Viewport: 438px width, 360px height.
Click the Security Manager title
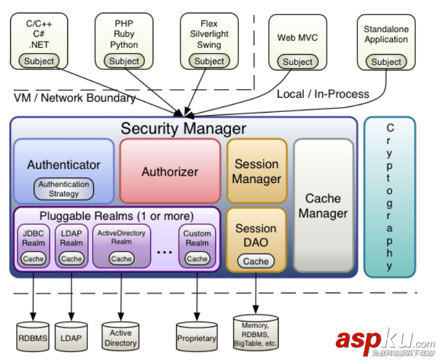tap(183, 128)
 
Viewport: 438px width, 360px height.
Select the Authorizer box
tap(170, 172)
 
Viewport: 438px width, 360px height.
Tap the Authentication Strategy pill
tap(64, 189)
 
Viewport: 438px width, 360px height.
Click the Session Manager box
tap(256, 171)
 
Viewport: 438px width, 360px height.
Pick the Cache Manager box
tap(323, 205)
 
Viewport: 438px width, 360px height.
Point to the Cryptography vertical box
tap(389, 197)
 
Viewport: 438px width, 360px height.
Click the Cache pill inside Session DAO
tap(256, 261)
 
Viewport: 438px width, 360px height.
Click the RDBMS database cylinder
tap(32, 338)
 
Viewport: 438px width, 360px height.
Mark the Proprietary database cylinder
tap(196, 338)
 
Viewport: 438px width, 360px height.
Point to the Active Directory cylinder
tap(120, 337)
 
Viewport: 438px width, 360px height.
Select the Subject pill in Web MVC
tap(298, 61)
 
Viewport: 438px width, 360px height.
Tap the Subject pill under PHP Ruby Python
tap(124, 61)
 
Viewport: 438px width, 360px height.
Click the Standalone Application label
tap(386, 34)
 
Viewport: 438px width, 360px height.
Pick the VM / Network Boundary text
tap(75, 98)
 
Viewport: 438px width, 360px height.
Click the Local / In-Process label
tap(323, 94)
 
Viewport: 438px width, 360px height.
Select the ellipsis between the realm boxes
tap(164, 252)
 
